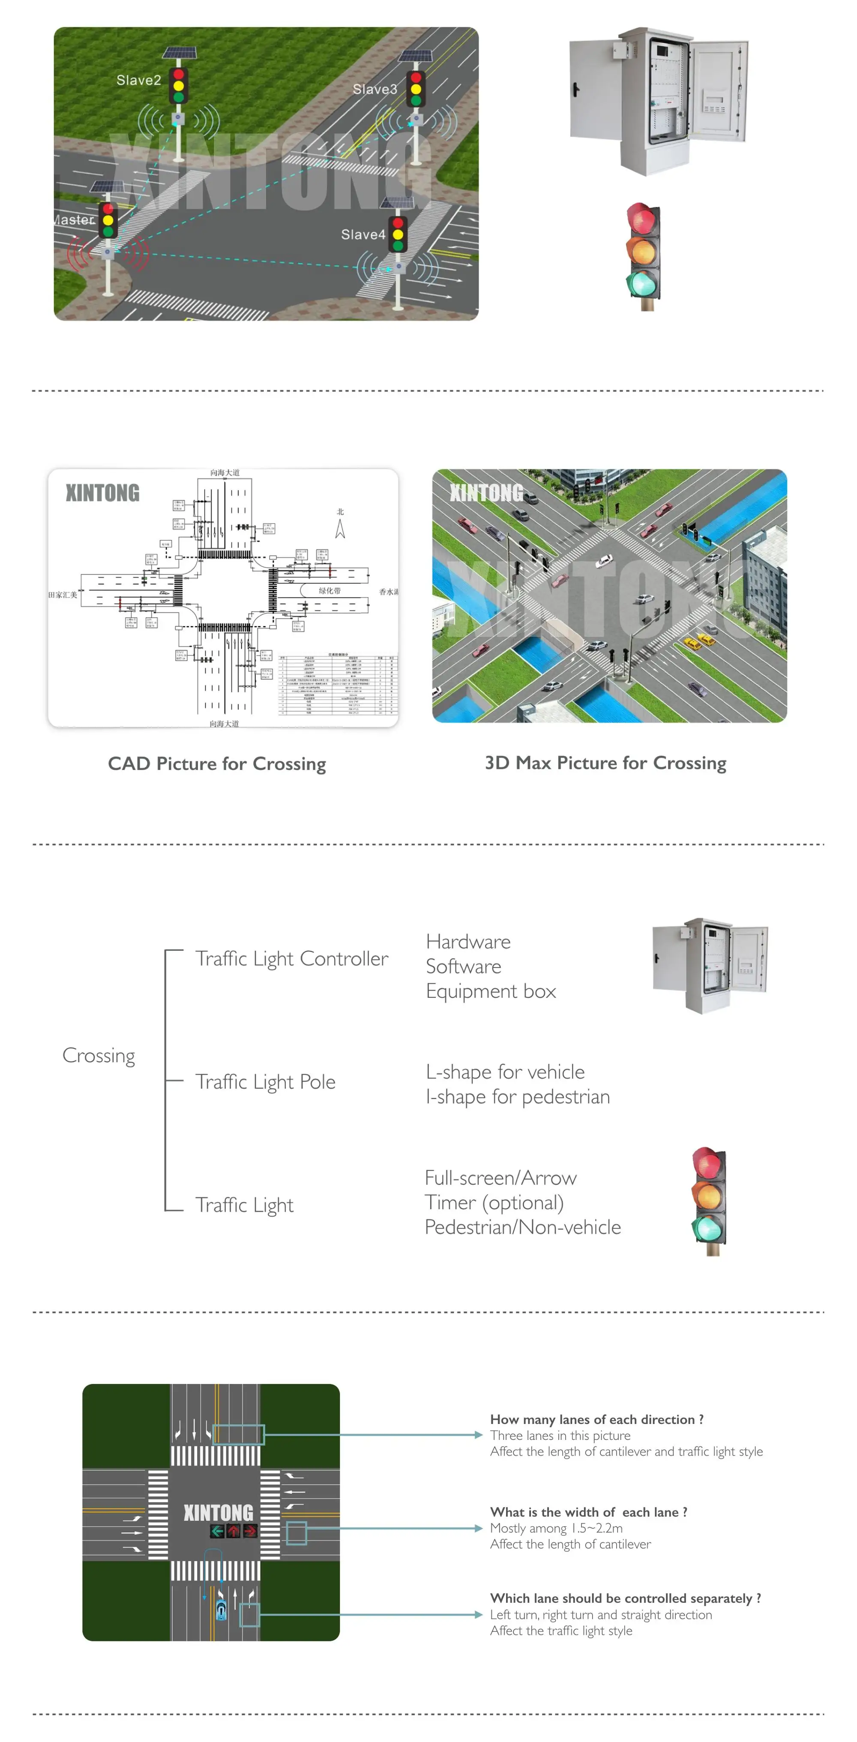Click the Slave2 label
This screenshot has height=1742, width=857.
pyautogui.click(x=138, y=81)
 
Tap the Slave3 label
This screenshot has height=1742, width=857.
pyautogui.click(x=375, y=89)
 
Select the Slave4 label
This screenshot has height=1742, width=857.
pyautogui.click(x=363, y=234)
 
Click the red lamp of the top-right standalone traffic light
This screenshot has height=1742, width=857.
pyautogui.click(x=642, y=219)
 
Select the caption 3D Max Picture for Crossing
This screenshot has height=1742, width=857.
pyautogui.click(x=605, y=763)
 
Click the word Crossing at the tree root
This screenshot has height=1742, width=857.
pyautogui.click(x=99, y=1056)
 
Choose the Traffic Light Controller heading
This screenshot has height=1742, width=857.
pyautogui.click(x=291, y=959)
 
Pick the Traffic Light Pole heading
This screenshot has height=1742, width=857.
pyautogui.click(x=265, y=1082)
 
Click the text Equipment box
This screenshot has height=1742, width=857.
pyautogui.click(x=491, y=991)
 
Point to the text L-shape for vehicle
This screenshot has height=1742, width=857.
pyautogui.click(x=505, y=1072)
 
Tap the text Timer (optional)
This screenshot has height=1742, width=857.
pyautogui.click(x=494, y=1203)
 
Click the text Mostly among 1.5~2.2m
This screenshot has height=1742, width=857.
pyautogui.click(x=556, y=1528)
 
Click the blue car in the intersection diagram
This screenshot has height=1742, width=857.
pyautogui.click(x=221, y=1611)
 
